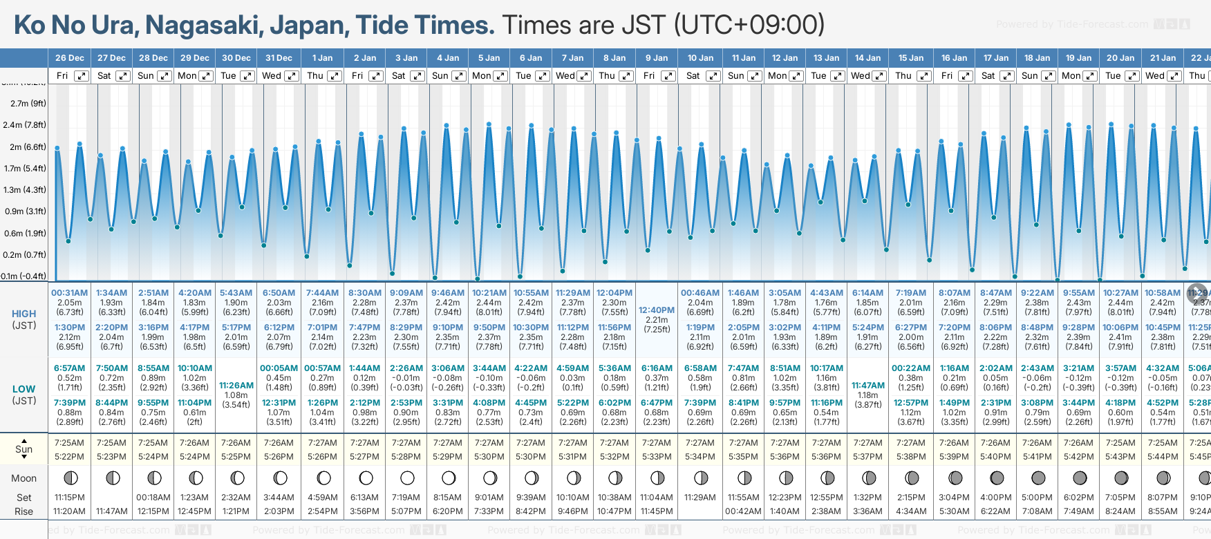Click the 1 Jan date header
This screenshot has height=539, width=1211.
(x=322, y=58)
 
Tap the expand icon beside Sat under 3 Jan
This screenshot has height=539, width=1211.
(x=417, y=76)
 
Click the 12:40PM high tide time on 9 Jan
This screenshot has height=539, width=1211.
(x=657, y=310)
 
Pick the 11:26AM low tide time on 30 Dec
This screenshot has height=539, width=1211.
(x=236, y=386)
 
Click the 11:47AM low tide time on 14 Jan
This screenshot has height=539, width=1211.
(x=868, y=386)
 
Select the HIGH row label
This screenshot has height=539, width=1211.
(x=24, y=314)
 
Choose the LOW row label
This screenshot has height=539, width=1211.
(x=24, y=389)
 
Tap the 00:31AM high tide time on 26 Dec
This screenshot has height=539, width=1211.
(x=70, y=293)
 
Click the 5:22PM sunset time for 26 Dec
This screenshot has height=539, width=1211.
(x=70, y=457)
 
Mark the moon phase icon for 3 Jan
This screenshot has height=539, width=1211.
(x=407, y=477)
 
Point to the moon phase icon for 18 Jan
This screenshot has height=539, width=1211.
(x=1038, y=477)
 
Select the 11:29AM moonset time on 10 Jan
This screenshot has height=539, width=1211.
(x=700, y=498)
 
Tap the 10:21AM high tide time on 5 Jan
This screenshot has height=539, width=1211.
(x=489, y=293)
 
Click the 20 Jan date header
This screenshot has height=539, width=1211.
(x=1120, y=58)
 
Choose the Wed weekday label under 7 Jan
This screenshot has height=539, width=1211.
(x=565, y=76)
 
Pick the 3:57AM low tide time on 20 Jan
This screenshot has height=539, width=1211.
(x=1120, y=368)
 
